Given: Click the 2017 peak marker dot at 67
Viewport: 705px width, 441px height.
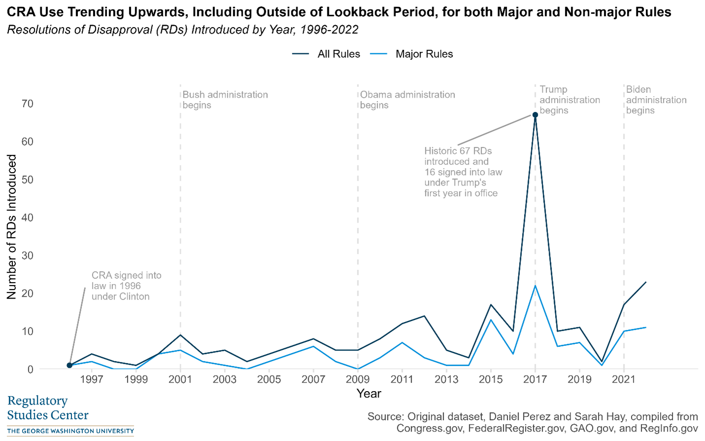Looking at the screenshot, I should pyautogui.click(x=535, y=115).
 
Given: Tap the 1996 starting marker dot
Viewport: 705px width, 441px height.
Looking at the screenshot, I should pyautogui.click(x=70, y=366).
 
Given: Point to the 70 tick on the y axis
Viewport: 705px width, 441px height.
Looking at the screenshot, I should pyautogui.click(x=28, y=104).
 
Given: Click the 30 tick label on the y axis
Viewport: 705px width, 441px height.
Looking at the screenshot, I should pyautogui.click(x=28, y=256).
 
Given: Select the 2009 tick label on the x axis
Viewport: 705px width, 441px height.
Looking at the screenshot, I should pyautogui.click(x=357, y=379).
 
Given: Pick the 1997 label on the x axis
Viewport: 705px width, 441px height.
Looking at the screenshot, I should pyautogui.click(x=92, y=379).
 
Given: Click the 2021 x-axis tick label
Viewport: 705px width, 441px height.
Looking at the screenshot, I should pyautogui.click(x=624, y=379).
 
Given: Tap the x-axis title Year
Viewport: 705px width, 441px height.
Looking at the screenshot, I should pyautogui.click(x=369, y=394).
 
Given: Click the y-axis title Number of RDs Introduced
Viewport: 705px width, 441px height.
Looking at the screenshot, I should pyautogui.click(x=12, y=227).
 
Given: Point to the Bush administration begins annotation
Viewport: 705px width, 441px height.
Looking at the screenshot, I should pyautogui.click(x=225, y=100).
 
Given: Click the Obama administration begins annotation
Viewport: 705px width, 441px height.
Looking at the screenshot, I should pyautogui.click(x=407, y=100).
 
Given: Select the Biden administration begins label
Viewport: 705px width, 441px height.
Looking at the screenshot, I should pyautogui.click(x=656, y=100).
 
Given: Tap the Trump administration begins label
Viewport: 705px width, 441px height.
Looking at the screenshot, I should pyautogui.click(x=569, y=100).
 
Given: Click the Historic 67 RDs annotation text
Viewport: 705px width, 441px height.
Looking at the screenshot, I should pyautogui.click(x=463, y=172).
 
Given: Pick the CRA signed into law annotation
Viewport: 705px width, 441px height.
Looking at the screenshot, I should pyautogui.click(x=126, y=286).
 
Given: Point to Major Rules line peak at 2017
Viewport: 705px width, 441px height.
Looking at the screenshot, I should pyautogui.click(x=535, y=286).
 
